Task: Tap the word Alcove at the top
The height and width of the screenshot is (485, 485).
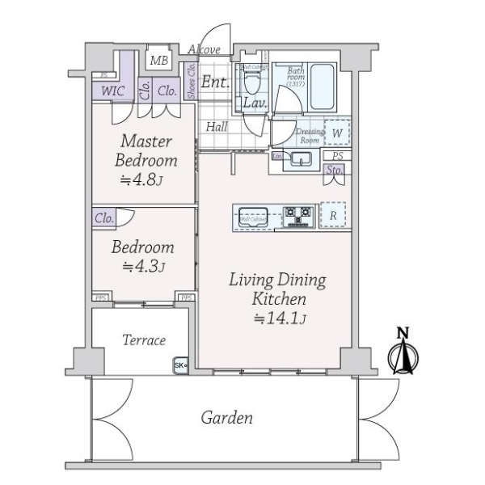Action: coord(204,50)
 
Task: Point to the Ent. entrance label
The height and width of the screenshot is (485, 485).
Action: coord(214,81)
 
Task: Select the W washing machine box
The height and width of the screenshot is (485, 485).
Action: coord(336,133)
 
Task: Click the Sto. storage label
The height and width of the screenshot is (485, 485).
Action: coord(334,170)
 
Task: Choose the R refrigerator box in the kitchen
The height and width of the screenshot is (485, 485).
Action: coord(333,215)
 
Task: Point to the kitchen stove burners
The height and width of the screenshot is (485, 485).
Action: coord(297,215)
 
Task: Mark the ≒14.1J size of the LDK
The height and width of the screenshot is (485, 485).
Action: coord(277,318)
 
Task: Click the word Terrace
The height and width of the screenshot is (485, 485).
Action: coord(143,340)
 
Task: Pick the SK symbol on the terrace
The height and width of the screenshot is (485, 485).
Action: coord(179,366)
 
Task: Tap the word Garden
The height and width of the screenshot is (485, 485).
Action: coord(226,418)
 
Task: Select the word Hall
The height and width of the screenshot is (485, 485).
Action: coord(216,126)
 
